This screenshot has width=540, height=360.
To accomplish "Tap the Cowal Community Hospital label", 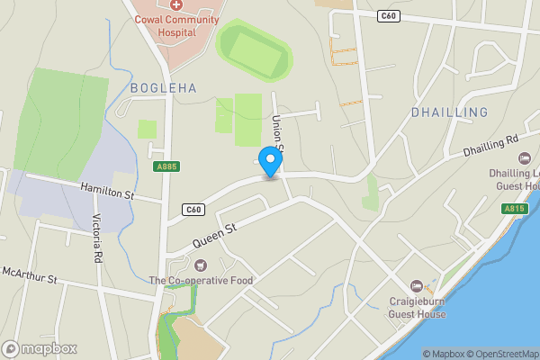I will [x=176, y=25].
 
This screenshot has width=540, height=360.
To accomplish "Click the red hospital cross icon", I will [x=175, y=5].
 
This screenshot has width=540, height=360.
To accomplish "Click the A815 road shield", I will [x=514, y=209].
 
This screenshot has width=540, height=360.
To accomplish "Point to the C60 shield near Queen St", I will [x=193, y=210].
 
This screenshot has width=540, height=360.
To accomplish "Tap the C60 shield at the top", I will [x=389, y=15].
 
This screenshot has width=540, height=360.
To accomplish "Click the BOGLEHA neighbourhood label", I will [x=163, y=88].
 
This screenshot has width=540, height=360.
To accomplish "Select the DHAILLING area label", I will [x=449, y=112].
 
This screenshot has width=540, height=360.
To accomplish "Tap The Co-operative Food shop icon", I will [x=200, y=265].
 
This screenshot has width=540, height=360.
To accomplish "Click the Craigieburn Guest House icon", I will [x=415, y=285].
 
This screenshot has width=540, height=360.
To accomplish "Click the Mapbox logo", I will [x=39, y=348].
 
